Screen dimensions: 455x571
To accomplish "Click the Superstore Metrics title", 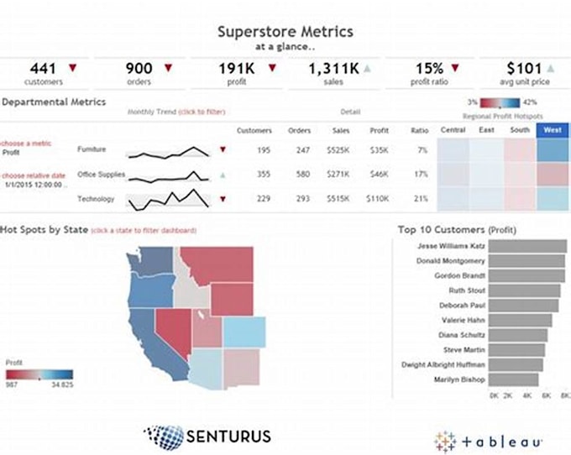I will pos(285,32).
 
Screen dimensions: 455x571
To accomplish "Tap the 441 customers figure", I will pos(44,68).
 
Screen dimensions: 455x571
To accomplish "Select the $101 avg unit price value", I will pos(523,68).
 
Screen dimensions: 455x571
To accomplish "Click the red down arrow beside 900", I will pos(168,67).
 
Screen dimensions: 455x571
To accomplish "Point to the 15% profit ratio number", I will pos(429,68).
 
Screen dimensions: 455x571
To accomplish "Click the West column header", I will pos(553,130).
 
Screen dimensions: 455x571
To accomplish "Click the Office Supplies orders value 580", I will pos(300,175).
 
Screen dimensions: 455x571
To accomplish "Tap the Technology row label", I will pos(95,199).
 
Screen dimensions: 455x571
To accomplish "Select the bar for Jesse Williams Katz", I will pos(530,246).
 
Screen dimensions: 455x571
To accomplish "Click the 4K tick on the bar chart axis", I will pos(528,394).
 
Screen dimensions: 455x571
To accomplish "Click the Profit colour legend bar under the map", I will pos(39,375).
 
